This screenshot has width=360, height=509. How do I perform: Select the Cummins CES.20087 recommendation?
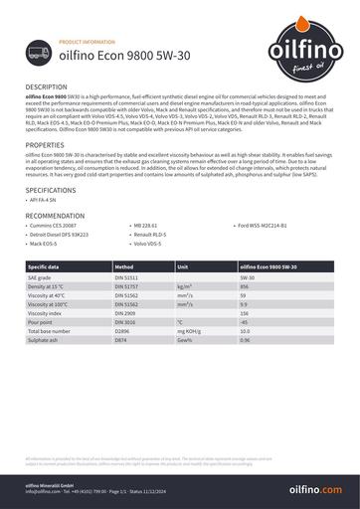pos(58,227)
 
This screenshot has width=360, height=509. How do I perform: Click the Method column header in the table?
pos(124,267)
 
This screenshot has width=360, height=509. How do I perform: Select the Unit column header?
pos(182,267)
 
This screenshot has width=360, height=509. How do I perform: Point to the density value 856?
pos(245,286)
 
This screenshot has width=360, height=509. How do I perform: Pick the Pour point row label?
pos(41,323)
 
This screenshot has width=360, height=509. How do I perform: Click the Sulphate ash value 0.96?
pos(246,341)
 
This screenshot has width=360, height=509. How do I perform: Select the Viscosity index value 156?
pos(245,313)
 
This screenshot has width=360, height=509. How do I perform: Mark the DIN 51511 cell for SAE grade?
pos(128,277)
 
